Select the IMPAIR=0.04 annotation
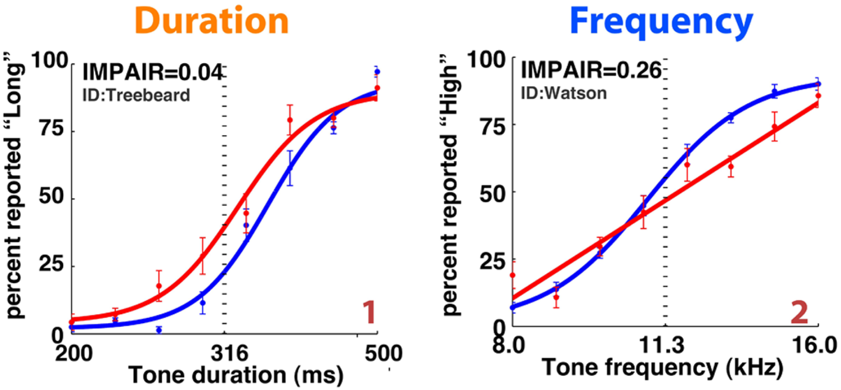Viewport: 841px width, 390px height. click(x=152, y=72)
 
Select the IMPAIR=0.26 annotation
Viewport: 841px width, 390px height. click(x=591, y=70)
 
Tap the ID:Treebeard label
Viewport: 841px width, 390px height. click(x=136, y=95)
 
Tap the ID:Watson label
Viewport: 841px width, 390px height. click(x=563, y=93)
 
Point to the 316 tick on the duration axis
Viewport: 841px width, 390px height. click(x=230, y=353)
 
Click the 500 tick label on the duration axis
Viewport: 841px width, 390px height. click(x=383, y=353)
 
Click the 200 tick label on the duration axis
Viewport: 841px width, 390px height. click(x=74, y=353)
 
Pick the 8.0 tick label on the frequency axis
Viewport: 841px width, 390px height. click(x=508, y=345)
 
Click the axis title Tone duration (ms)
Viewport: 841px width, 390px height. click(x=236, y=375)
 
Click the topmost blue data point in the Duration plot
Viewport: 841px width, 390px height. click(x=377, y=72)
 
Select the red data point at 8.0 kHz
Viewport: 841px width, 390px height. click(x=512, y=275)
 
